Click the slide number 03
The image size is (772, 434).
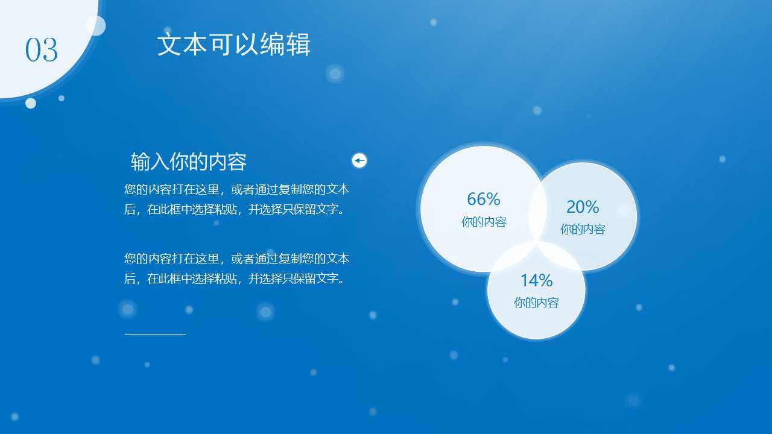[x=42, y=50]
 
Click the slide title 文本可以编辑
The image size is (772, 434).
[x=233, y=45]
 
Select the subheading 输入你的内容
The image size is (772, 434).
[x=189, y=162]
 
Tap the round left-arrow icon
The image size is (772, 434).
[x=359, y=160]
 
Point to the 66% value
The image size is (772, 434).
[x=484, y=199]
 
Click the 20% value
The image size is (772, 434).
[x=583, y=207]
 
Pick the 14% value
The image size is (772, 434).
[x=536, y=280]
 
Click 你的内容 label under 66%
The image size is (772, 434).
[x=484, y=222]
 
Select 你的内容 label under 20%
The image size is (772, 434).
[x=583, y=229]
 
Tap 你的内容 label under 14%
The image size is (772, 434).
[x=536, y=303]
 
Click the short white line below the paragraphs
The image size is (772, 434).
[x=155, y=333]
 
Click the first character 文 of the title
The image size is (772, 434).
[x=169, y=45]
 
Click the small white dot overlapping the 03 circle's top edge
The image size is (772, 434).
[x=96, y=26]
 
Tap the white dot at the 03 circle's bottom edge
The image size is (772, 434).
[x=31, y=103]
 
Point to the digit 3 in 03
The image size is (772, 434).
[x=50, y=50]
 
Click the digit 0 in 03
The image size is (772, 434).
[x=33, y=50]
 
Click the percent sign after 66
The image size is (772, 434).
[x=493, y=199]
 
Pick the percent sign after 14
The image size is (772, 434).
[x=546, y=280]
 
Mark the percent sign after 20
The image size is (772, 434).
[x=592, y=207]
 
